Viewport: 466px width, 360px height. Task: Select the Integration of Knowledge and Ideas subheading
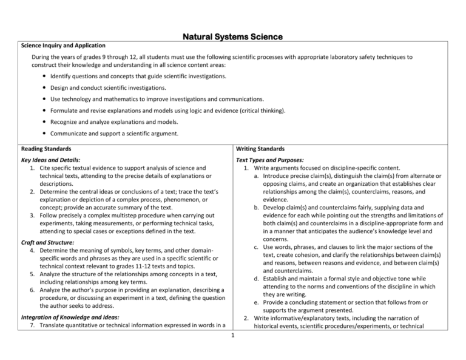70,317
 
